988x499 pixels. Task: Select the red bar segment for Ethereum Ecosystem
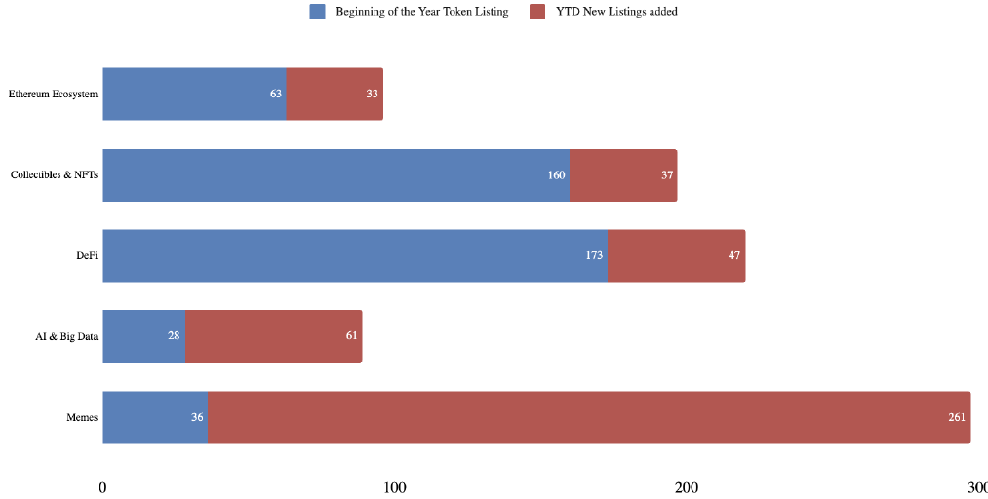click(335, 94)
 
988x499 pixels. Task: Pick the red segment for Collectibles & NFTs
click(623, 175)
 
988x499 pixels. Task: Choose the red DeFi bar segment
click(677, 255)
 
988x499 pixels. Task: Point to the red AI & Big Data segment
click(273, 336)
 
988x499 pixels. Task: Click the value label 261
click(957, 417)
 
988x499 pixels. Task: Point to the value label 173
click(594, 255)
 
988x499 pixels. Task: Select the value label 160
click(556, 175)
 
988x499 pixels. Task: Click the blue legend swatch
click(318, 12)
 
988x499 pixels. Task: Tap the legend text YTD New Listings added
click(616, 12)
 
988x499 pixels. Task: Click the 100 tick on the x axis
click(394, 486)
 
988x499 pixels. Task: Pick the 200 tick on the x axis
click(687, 486)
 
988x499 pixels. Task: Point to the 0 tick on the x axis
click(102, 486)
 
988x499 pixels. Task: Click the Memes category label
click(82, 417)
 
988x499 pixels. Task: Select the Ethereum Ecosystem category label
click(53, 94)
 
